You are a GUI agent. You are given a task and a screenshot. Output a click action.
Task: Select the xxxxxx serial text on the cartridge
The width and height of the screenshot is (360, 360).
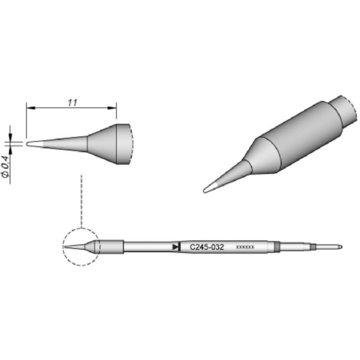pyautogui.click(x=246, y=247)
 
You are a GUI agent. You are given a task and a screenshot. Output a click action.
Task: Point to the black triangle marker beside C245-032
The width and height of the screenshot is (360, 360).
pyautogui.click(x=175, y=246)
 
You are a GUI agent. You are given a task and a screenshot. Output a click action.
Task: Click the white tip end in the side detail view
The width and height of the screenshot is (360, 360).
pyautogui.click(x=30, y=142)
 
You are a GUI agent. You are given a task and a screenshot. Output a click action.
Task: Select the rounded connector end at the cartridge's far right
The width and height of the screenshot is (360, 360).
pyautogui.click(x=338, y=245)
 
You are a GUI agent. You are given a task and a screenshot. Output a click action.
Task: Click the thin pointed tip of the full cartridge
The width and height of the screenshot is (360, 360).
pyautogui.click(x=71, y=247)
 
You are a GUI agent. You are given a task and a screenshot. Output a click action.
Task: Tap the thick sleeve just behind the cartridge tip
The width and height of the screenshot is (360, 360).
pyautogui.click(x=111, y=246)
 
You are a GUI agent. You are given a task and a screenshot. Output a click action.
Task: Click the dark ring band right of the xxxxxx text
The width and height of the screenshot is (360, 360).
pyautogui.click(x=277, y=246)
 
